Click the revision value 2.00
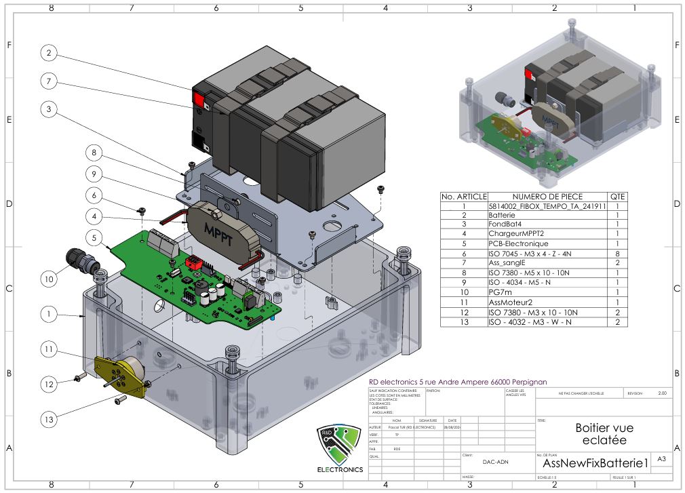click(x=662, y=393)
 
